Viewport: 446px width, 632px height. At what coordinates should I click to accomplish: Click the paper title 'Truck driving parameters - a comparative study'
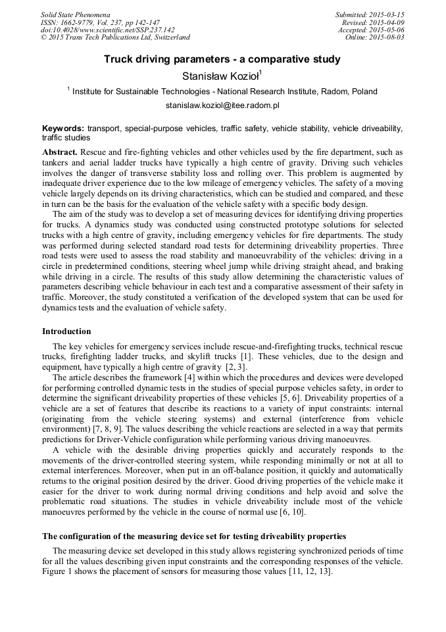click(222, 59)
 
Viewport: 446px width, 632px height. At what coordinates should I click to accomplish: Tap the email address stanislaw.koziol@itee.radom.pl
click(222, 105)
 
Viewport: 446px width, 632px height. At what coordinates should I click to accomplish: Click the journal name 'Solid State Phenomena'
click(75, 14)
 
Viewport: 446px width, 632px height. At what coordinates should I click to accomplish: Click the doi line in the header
click(107, 30)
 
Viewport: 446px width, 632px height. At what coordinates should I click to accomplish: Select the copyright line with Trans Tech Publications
click(115, 38)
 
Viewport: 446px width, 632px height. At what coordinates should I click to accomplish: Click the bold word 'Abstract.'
click(60, 152)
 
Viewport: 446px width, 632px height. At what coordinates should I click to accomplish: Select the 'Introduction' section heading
click(66, 331)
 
